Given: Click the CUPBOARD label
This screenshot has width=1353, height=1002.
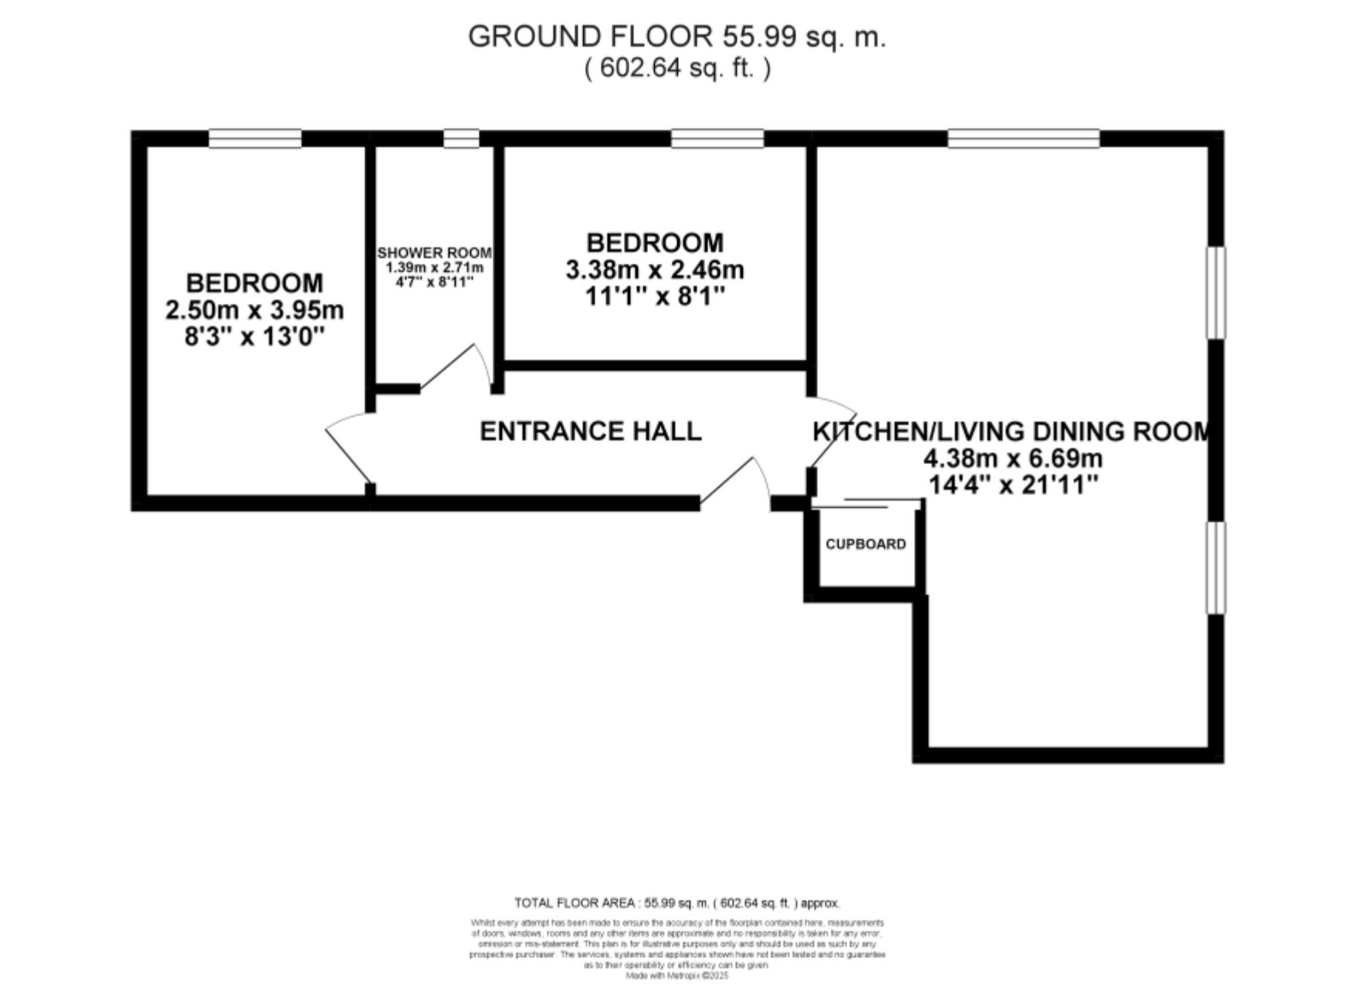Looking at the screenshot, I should (865, 545).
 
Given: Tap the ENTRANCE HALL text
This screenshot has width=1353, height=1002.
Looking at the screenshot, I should (591, 431).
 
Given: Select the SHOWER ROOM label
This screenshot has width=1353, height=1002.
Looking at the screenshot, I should (434, 253).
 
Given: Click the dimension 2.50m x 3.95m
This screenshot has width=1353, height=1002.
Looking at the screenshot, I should (254, 311).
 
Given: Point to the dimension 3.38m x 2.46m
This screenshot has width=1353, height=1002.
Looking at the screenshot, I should (654, 270).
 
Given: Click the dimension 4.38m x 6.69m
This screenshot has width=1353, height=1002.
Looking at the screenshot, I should (1013, 459).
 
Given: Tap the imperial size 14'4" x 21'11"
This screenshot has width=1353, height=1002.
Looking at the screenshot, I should (1013, 485).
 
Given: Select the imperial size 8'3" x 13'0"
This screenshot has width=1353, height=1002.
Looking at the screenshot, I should (254, 336).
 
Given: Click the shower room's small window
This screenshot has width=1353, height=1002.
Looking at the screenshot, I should (461, 139).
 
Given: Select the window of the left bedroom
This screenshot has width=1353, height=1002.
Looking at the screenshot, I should (255, 139).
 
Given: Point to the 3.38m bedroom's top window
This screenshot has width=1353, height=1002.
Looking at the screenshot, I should (717, 139).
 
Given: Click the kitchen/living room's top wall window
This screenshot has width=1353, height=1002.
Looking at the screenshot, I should (1024, 139).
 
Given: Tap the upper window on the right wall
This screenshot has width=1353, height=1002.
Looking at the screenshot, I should (1216, 292).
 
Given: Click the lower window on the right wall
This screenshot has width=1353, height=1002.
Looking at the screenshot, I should (1216, 568).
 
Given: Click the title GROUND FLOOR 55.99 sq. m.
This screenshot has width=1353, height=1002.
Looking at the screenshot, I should (676, 37).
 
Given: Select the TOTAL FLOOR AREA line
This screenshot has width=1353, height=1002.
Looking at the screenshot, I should (676, 903).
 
